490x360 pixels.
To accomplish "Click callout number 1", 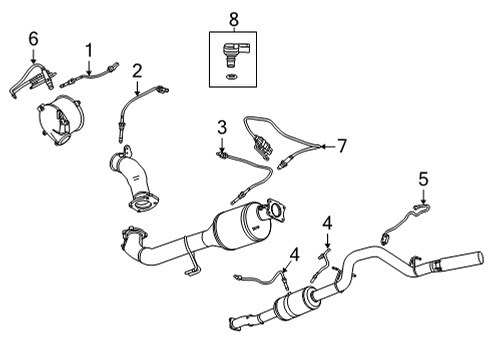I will [x=89, y=49].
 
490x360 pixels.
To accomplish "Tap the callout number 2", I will [x=137, y=70].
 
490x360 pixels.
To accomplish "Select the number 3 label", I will [x=221, y=127].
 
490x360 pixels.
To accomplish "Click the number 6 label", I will [x=33, y=37].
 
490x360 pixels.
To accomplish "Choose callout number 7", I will [x=341, y=146].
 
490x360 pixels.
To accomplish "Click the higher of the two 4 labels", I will [x=326, y=223].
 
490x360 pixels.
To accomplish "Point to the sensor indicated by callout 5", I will [x=412, y=217].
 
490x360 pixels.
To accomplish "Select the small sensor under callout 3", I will [x=221, y=154].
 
